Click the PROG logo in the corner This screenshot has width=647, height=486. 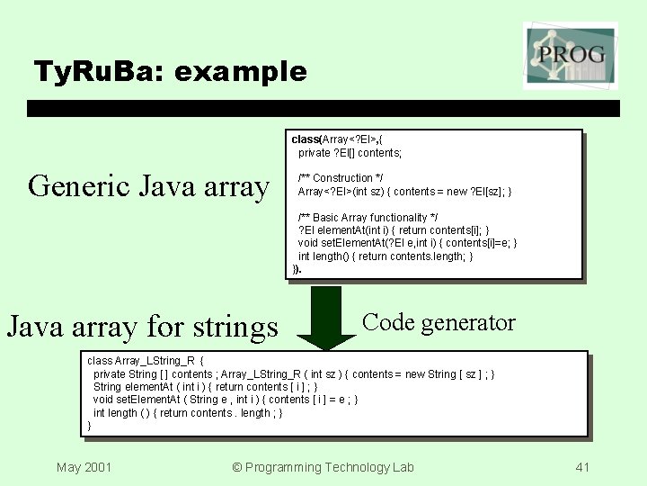click(570, 57)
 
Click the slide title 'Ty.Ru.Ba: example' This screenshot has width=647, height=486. click(170, 71)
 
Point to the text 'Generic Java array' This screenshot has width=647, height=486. click(148, 186)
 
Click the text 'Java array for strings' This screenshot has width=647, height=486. click(142, 326)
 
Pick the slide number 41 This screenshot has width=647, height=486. click(582, 466)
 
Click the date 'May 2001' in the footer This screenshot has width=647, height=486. click(84, 466)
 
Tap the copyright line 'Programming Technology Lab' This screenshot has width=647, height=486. click(323, 466)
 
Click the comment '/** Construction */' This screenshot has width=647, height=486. click(341, 178)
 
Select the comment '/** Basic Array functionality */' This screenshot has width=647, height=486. click(368, 218)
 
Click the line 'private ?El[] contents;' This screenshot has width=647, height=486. click(350, 153)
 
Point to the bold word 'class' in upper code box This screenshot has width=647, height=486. click(306, 139)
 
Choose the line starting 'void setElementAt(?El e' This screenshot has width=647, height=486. click(407, 243)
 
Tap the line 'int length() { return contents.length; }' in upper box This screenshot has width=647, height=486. click(386, 256)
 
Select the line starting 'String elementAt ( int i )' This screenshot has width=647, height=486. click(205, 386)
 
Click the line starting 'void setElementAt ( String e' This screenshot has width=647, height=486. click(225, 400)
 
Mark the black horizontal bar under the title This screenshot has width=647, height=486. click(323, 108)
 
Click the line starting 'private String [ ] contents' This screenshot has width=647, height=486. click(293, 373)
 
